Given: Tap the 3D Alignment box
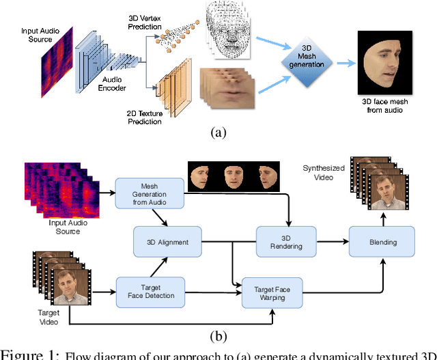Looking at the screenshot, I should pos(167,241).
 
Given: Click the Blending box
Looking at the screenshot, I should pos(382,241).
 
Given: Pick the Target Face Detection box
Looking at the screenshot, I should pos(150,291).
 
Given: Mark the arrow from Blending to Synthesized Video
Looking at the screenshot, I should pos(383,219).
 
